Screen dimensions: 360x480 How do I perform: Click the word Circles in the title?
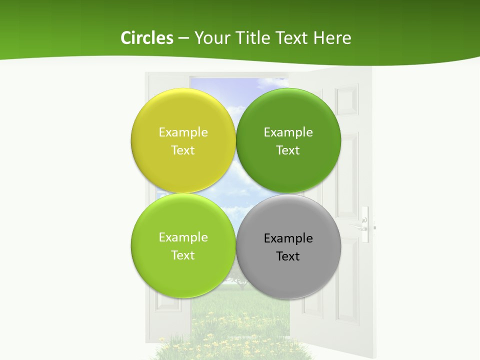coord(147,38)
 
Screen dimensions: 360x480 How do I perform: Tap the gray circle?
coord(288,272)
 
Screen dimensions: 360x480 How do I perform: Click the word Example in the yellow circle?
coord(183,132)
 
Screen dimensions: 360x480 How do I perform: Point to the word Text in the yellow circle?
coord(183,150)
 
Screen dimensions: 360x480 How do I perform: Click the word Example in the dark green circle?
coord(288,132)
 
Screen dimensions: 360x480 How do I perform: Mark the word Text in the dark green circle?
coord(288,150)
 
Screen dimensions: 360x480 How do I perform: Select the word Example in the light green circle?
coord(183,237)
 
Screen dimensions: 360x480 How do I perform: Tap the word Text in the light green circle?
coord(183,255)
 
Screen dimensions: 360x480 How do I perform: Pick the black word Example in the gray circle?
coord(288,238)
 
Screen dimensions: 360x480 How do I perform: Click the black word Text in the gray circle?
coord(288,256)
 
